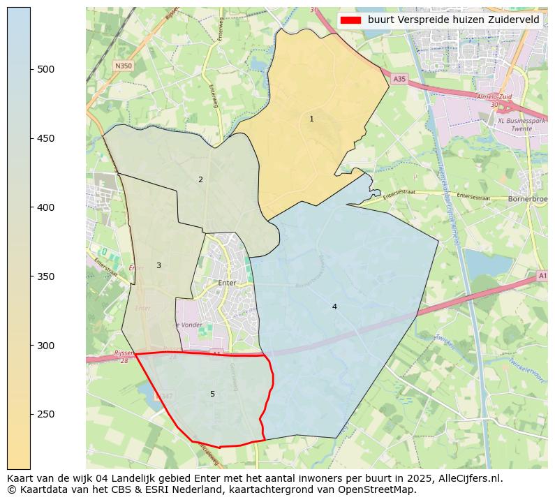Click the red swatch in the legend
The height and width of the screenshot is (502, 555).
352,20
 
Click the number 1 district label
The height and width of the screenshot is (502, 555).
311,119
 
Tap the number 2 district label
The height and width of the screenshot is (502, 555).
200,180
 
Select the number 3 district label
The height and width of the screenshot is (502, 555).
158,266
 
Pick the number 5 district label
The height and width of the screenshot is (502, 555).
212,394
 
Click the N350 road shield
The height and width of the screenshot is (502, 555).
123,66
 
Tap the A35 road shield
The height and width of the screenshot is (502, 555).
399,80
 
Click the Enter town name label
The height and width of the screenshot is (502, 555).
228,283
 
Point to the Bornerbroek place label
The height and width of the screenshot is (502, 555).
528,198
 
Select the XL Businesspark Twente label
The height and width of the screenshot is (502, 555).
520,124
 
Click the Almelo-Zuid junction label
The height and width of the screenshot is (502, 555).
494,96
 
